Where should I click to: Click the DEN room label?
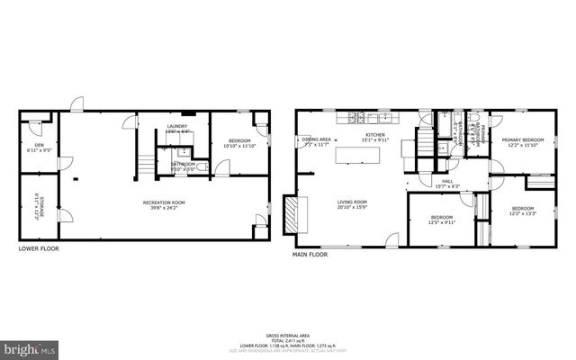40,144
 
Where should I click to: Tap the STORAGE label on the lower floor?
37,208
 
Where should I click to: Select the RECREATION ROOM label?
164,202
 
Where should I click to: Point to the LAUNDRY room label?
177,127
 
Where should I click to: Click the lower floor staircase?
145,164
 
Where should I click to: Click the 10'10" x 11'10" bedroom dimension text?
238,146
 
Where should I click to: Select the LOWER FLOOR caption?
38,247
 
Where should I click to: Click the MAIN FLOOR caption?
310,255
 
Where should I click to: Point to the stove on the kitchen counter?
356,118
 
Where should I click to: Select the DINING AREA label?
317,139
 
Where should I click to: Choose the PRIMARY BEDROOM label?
523,140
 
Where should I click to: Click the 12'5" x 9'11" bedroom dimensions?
442,222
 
